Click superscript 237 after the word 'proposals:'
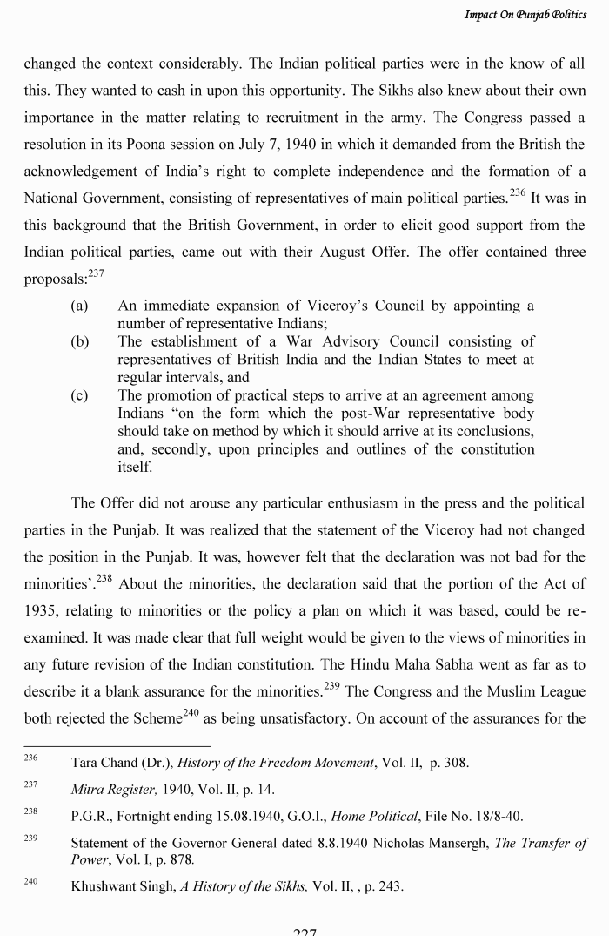pos(96,273)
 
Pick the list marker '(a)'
pos(80,306)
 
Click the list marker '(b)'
pos(80,341)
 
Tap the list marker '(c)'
pos(80,395)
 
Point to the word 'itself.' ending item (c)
pos(135,467)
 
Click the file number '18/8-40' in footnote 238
pos(499,817)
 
